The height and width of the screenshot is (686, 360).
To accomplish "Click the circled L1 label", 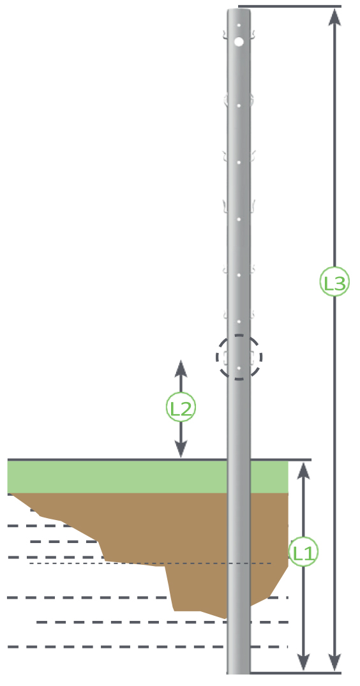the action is tap(303, 552).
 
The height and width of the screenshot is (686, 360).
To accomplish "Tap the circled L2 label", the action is tap(181, 407).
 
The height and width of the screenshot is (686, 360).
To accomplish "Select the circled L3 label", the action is tap(334, 282).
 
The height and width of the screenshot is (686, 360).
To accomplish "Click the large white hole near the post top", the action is tap(239, 41).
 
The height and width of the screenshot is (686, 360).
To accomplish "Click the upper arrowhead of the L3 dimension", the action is tap(334, 17).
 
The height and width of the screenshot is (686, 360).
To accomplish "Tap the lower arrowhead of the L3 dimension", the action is tap(334, 662).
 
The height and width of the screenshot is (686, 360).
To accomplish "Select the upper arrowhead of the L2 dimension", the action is tap(181, 369).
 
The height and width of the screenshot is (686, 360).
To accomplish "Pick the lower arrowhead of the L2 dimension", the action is tap(181, 449).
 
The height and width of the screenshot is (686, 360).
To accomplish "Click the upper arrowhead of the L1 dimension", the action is tap(303, 471).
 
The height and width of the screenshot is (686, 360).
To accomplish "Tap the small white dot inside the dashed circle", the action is tap(239, 368).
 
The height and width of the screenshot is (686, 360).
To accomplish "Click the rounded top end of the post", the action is tap(239, 10).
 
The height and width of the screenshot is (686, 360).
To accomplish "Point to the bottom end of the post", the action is tap(238, 671).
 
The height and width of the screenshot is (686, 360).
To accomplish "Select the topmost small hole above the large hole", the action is tap(239, 26).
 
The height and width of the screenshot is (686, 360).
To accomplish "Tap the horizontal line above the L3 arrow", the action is tap(289, 6).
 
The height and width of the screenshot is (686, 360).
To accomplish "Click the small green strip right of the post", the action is tap(269, 477).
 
